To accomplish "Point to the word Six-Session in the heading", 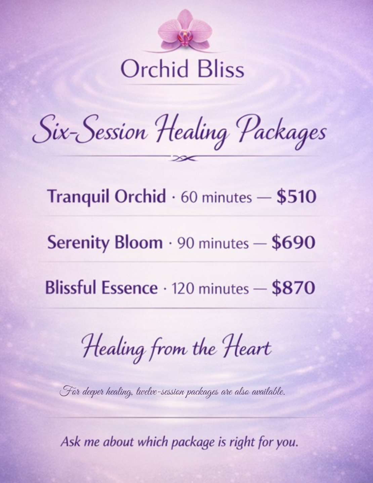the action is coord(90,130).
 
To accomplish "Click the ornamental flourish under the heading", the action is coord(184,158).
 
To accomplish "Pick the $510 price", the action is coord(296,197).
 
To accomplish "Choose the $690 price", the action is coord(293,242).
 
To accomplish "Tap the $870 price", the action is coord(293,287).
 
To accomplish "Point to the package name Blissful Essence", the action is coord(101,288).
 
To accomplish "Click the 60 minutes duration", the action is coord(216,198).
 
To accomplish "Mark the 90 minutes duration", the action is coord(213,243).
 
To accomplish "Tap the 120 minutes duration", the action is coord(210,288).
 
